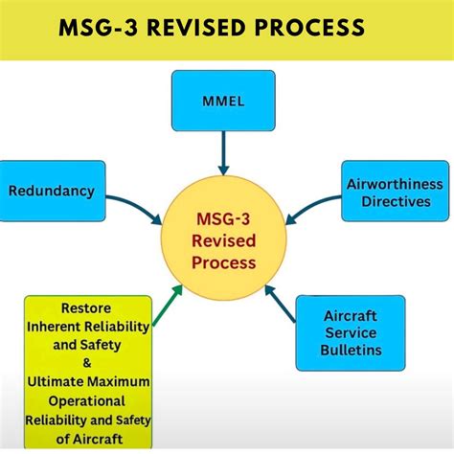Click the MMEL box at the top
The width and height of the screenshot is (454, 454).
click(x=223, y=100)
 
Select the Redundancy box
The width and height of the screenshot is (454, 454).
click(x=51, y=191)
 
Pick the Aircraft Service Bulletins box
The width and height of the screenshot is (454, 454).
click(x=350, y=333)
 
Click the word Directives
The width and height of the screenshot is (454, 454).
click(x=396, y=201)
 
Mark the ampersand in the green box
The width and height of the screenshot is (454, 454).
click(x=87, y=364)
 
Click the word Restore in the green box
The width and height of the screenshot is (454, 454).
click(x=85, y=309)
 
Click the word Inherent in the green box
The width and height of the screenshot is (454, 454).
click(x=57, y=328)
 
